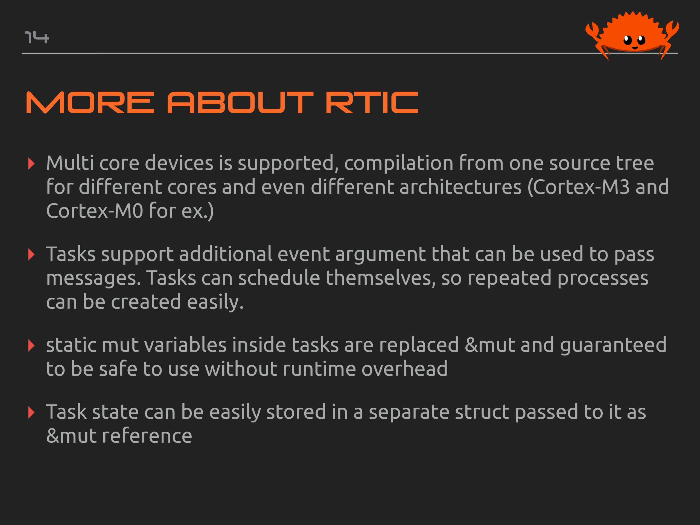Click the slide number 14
(37, 37)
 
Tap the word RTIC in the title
(372, 103)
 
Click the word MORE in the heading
(90, 103)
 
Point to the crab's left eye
(628, 40)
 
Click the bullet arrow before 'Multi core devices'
(31, 164)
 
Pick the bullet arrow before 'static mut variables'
(31, 346)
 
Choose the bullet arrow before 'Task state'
(31, 413)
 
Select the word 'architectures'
(460, 187)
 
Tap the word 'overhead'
(404, 369)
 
